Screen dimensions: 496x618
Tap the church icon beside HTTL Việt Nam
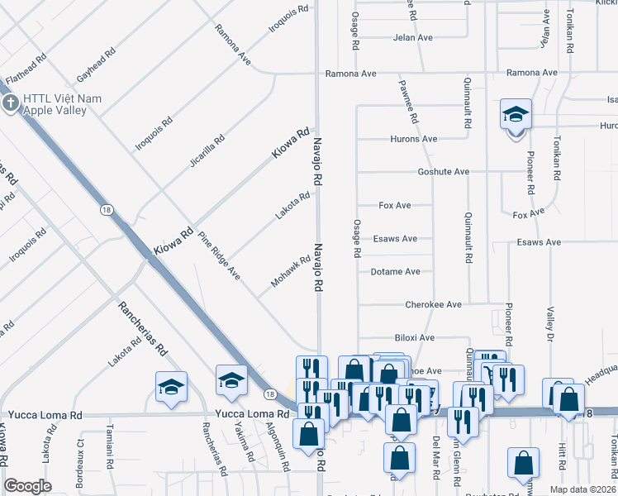click(10, 103)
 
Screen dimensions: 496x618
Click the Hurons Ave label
click(414, 139)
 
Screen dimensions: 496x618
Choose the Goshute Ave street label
click(443, 172)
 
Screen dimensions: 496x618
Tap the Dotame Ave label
click(396, 271)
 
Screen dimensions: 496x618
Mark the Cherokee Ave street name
click(433, 305)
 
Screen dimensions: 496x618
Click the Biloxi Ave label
click(414, 338)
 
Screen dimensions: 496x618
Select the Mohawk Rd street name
click(290, 272)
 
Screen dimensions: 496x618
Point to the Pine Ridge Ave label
click(218, 256)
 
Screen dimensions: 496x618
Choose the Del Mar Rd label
click(435, 451)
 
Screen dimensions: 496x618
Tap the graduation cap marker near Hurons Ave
click(516, 114)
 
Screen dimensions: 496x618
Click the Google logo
click(27, 486)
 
